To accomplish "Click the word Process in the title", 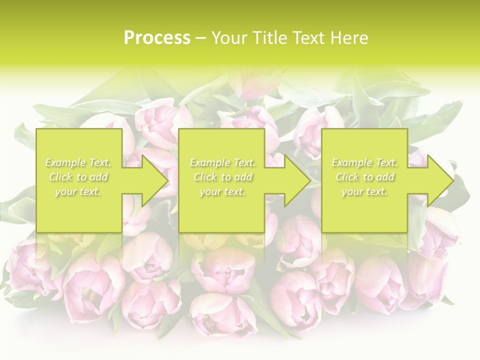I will pos(157,38).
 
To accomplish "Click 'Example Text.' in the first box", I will pos(78,162).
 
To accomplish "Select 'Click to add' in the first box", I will pos(78,177).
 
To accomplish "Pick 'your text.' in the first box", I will pos(78,191).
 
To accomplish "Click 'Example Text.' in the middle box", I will pos(222,162).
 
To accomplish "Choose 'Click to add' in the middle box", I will pos(222,177).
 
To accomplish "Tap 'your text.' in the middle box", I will pos(222,191).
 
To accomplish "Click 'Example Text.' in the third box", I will pos(364,162).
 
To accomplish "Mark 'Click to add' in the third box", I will pos(364,177).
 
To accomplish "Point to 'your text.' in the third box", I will pos(364,191).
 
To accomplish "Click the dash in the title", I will pos(201,38).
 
